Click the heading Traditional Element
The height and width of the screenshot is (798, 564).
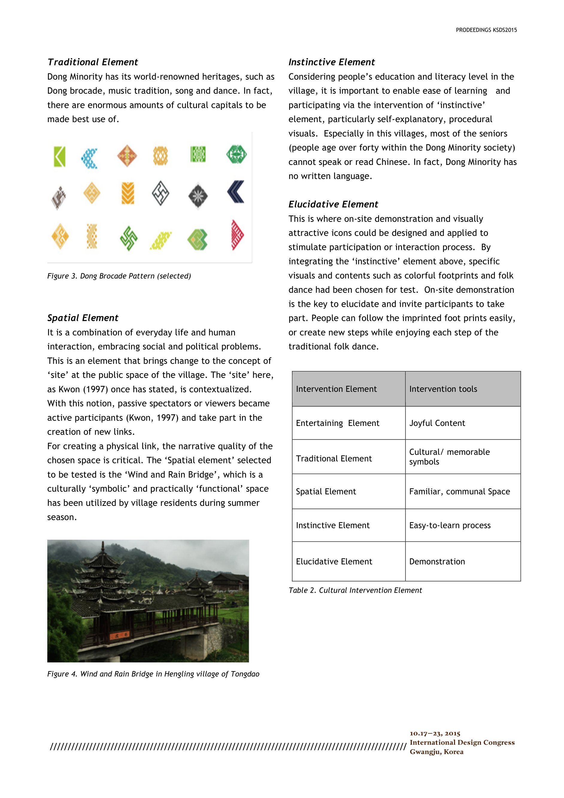pyautogui.click(x=93, y=62)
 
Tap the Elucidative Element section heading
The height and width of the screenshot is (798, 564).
pyautogui.click(x=333, y=204)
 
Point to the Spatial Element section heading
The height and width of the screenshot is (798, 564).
pyautogui.click(x=83, y=318)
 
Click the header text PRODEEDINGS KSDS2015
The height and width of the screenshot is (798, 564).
pyautogui.click(x=486, y=30)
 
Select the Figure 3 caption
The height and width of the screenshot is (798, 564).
pyautogui.click(x=119, y=276)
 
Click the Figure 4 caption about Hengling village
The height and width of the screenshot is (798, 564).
pyautogui.click(x=153, y=674)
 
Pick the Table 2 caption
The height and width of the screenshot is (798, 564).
pyautogui.click(x=355, y=590)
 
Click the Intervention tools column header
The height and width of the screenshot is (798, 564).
pyautogui.click(x=443, y=389)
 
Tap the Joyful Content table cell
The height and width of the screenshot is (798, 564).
pyautogui.click(x=437, y=423)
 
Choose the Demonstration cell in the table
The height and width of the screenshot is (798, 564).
pyautogui.click(x=437, y=561)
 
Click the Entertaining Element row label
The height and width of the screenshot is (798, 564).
pyautogui.click(x=337, y=423)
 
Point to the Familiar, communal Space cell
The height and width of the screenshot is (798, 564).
pyautogui.click(x=460, y=491)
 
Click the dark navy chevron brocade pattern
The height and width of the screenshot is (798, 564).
pyautogui.click(x=236, y=192)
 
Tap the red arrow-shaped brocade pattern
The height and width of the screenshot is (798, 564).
pyautogui.click(x=237, y=235)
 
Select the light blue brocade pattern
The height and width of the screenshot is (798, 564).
pyautogui.click(x=90, y=158)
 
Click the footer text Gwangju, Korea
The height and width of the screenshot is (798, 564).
pyautogui.click(x=436, y=752)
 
